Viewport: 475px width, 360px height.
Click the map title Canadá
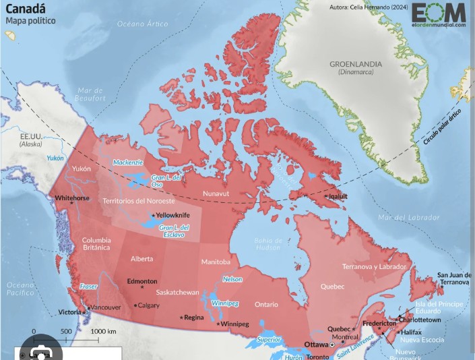[x=26, y=8]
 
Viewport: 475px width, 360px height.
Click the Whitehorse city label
[x=72, y=198]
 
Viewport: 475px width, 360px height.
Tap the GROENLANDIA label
[x=355, y=64]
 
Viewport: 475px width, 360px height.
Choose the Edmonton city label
[x=142, y=281]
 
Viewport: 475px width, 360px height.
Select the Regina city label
[x=193, y=317]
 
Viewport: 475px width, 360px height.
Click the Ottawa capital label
[x=317, y=344]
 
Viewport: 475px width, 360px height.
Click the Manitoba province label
[x=216, y=262]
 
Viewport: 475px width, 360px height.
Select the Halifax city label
[x=411, y=332]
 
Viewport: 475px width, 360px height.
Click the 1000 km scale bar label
[x=103, y=332]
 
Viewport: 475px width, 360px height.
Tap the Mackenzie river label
[x=127, y=162]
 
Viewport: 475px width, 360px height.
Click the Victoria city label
[x=69, y=312]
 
